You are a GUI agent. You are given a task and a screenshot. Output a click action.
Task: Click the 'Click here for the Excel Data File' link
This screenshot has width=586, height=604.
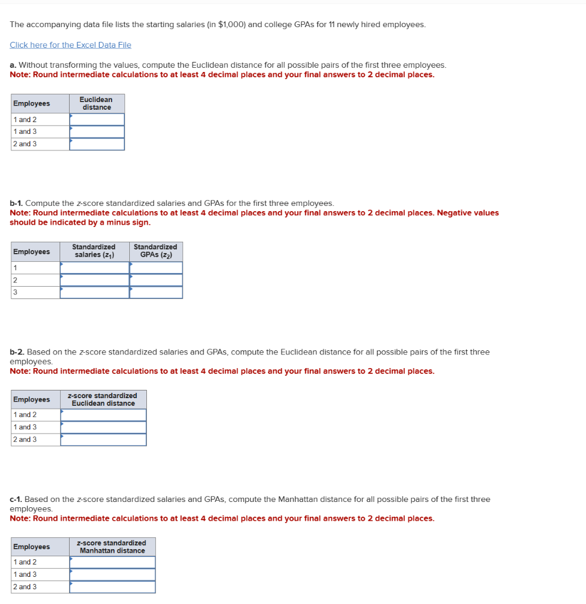(x=70, y=45)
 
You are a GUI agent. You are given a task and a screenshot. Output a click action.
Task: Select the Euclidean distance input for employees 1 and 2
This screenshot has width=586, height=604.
(x=97, y=120)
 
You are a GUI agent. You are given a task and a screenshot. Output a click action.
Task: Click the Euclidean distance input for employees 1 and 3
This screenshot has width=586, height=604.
(x=97, y=132)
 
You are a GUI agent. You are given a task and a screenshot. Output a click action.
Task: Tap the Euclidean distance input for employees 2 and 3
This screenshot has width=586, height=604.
(x=97, y=144)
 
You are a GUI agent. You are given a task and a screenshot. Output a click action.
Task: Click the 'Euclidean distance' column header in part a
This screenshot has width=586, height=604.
(x=97, y=103)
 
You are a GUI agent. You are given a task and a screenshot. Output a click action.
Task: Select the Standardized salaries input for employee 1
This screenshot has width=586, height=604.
(x=94, y=268)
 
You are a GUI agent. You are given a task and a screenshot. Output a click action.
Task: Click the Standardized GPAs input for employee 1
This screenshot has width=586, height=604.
(x=156, y=268)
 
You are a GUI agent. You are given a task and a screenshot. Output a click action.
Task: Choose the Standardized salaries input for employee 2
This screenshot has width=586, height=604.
(x=94, y=280)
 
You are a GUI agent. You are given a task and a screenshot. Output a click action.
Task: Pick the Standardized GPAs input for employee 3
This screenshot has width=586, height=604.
(x=156, y=293)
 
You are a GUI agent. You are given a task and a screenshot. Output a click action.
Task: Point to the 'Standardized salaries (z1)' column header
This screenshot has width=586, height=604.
(x=94, y=251)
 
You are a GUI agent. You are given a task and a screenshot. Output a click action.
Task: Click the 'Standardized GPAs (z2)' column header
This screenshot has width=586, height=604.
(x=155, y=251)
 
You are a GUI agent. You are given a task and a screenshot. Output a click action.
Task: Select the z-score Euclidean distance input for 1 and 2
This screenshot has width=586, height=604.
(x=103, y=415)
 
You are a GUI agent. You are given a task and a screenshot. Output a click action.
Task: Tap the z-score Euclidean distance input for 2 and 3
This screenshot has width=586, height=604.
(x=103, y=439)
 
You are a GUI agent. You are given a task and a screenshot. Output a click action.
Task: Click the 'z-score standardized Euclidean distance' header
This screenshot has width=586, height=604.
(x=103, y=399)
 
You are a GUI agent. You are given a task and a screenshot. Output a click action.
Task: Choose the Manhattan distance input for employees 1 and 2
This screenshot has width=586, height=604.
(x=112, y=562)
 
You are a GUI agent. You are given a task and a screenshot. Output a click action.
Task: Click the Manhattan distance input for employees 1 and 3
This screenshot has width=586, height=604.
(x=112, y=575)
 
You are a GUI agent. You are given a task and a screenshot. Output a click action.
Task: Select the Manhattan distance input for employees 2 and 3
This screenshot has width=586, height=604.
(x=112, y=587)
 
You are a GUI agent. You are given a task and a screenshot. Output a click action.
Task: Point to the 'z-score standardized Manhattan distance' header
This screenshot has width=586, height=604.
(x=112, y=547)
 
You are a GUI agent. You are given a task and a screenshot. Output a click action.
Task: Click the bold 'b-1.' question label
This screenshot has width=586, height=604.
(x=17, y=203)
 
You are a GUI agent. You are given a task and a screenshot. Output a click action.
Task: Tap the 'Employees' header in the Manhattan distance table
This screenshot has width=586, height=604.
(x=31, y=547)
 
